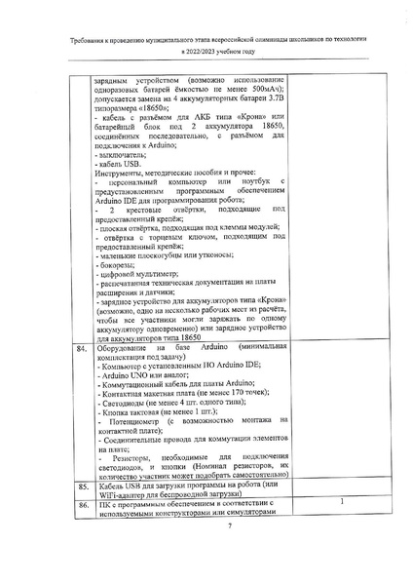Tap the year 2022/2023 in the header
tap(190, 52)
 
